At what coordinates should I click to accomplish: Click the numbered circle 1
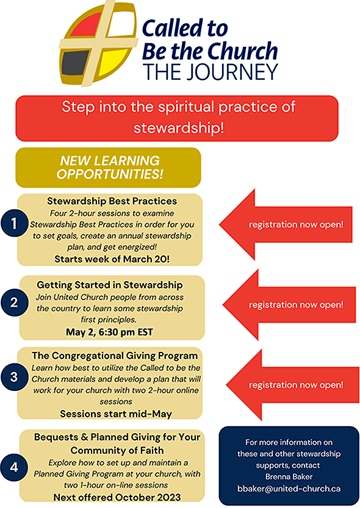[x=14, y=223]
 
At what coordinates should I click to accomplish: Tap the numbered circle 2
[x=14, y=302]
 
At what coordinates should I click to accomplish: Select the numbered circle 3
[x=14, y=377]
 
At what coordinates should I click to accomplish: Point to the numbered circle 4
[x=14, y=467]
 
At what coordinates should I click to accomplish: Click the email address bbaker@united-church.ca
[x=289, y=488]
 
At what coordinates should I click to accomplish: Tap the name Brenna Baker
[x=289, y=476]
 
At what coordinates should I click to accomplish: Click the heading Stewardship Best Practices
[x=112, y=201]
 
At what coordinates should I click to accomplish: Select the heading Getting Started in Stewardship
[x=109, y=285]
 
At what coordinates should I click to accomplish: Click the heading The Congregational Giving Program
[x=115, y=356]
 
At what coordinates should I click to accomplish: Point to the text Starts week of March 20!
[x=112, y=259]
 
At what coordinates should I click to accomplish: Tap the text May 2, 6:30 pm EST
[x=109, y=332]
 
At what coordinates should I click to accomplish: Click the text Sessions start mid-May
[x=116, y=413]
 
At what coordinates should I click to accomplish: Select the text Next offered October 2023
[x=117, y=497]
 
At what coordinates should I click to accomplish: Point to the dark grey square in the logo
[x=74, y=62]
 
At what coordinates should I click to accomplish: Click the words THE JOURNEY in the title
[x=211, y=71]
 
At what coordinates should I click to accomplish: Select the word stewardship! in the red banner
[x=179, y=127]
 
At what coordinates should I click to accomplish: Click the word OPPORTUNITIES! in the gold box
[x=110, y=174]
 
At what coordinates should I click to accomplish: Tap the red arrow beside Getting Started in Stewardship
[x=289, y=304]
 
